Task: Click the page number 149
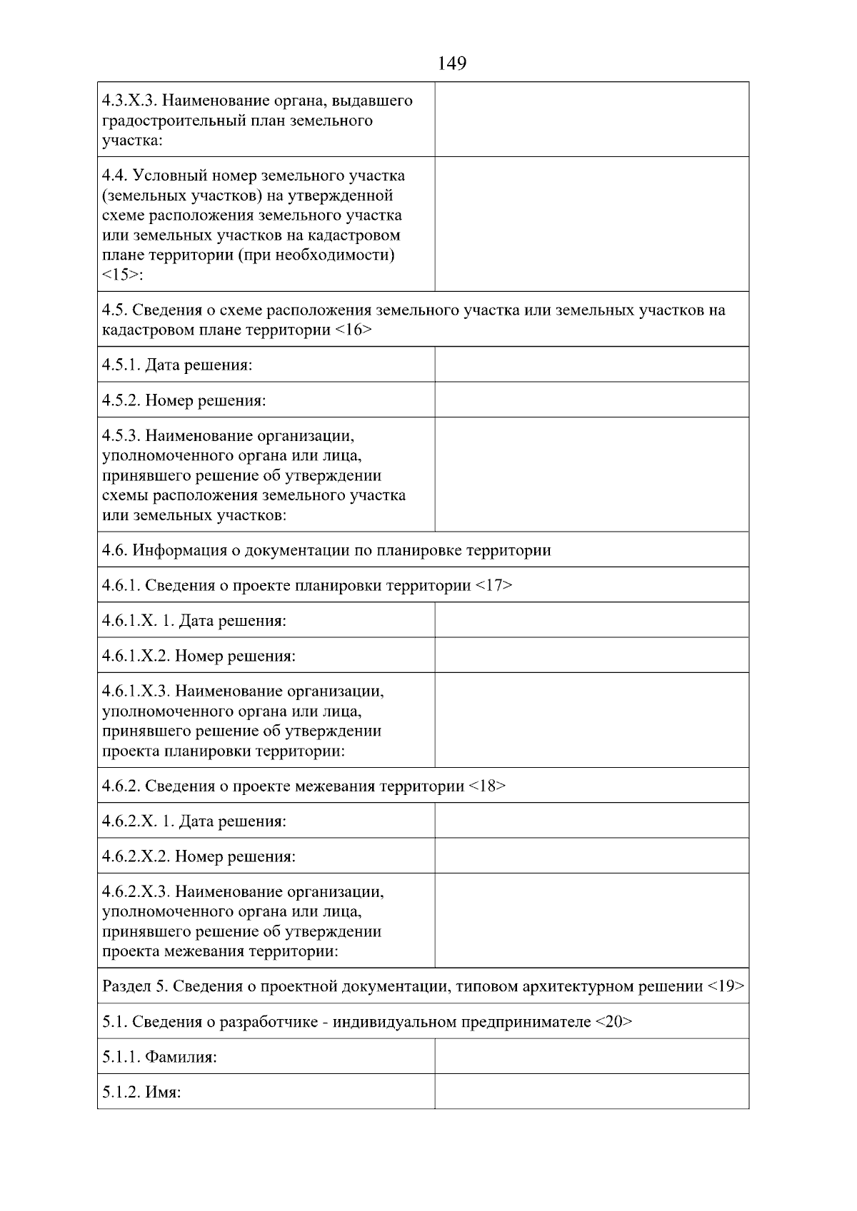452,64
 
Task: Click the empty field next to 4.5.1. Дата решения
591,365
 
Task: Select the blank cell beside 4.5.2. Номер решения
591,400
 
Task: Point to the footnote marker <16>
353,330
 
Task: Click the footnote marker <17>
493,585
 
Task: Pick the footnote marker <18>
487,786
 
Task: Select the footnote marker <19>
726,986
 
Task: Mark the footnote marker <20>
613,1021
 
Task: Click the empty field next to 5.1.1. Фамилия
591,1056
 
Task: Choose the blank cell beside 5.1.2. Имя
591,1091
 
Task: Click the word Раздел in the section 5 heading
126,986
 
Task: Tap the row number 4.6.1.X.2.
135,655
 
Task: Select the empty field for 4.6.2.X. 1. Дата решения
591,821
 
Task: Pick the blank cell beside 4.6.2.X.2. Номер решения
591,856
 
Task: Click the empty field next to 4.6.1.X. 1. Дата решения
591,620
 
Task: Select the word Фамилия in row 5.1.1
180,1057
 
